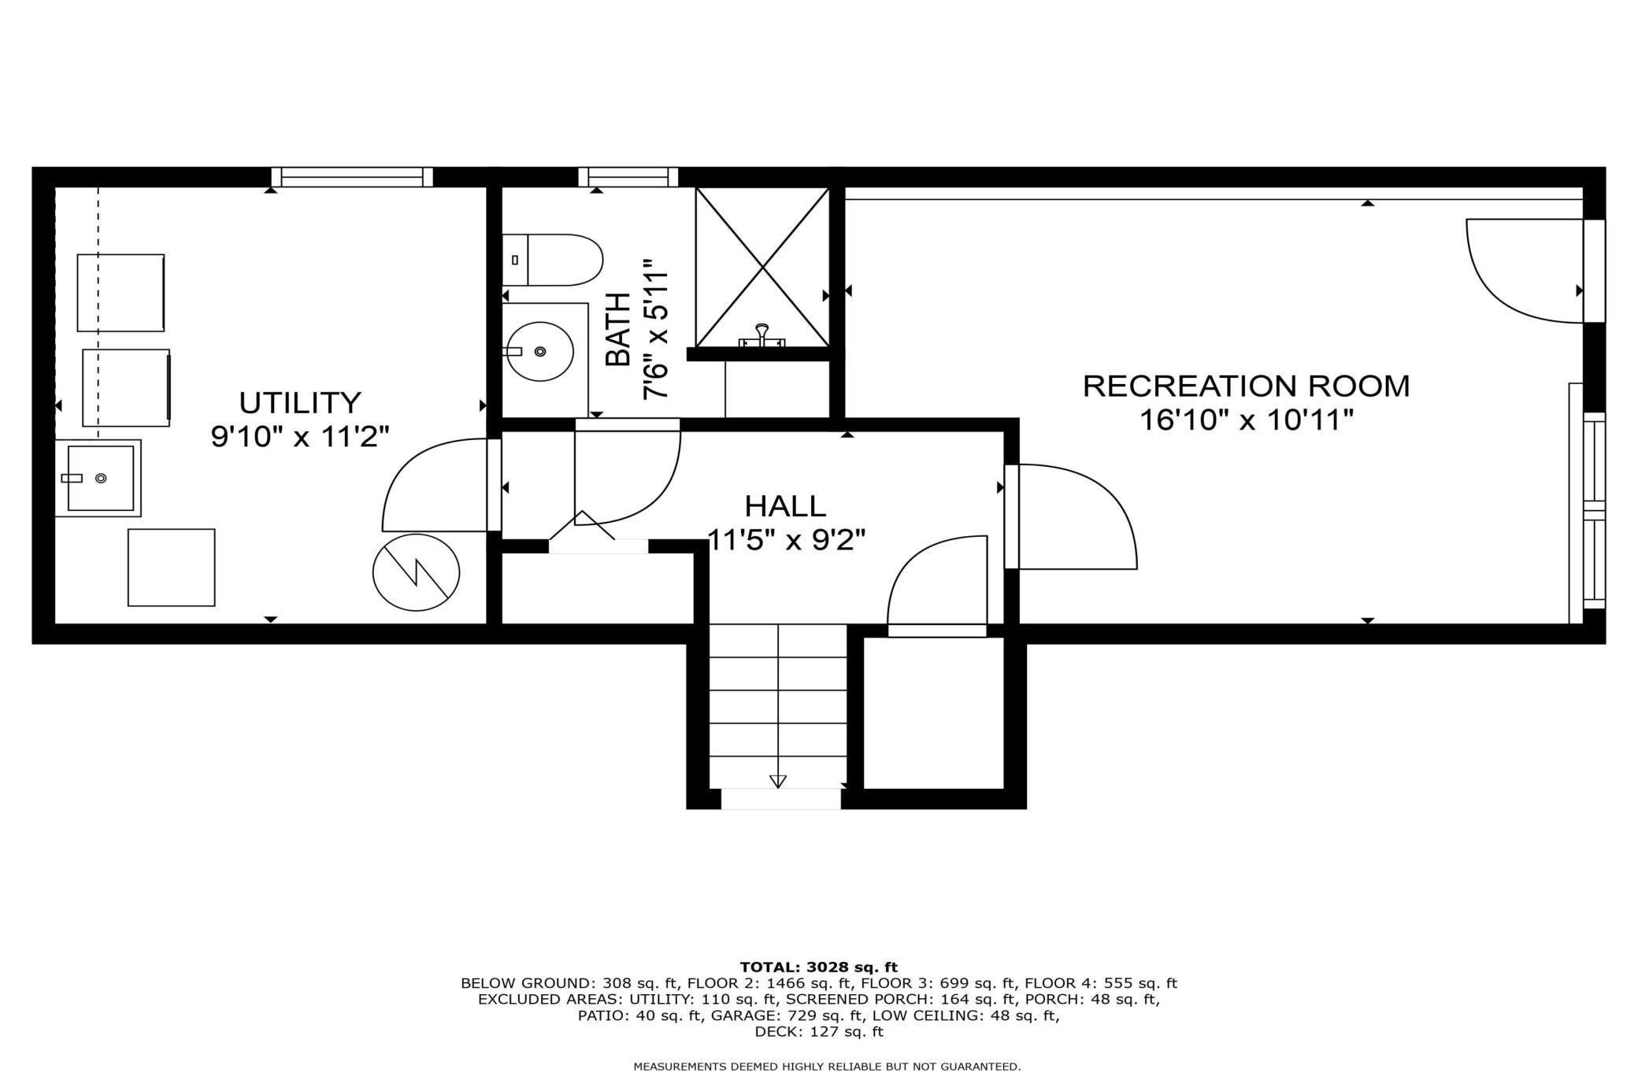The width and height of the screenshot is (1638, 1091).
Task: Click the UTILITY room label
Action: pos(300,402)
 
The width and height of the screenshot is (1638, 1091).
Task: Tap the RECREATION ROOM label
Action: pos(1247,386)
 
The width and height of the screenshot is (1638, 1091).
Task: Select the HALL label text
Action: pos(785,505)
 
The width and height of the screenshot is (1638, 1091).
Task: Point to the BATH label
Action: pos(618,329)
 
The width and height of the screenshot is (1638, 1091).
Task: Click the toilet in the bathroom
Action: pos(552,260)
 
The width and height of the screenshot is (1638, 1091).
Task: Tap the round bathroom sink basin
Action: pos(539,351)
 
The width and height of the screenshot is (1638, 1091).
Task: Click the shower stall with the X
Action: pos(762,268)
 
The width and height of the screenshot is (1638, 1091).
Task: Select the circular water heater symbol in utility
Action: pos(416,572)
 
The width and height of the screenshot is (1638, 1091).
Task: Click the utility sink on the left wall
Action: pos(98,478)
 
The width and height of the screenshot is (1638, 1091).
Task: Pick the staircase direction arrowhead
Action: pos(778,781)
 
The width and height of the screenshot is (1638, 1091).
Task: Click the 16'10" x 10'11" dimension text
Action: pos(1247,420)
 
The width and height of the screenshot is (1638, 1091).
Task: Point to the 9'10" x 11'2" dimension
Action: pos(300,435)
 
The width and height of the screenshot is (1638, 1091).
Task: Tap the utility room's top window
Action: pos(352,177)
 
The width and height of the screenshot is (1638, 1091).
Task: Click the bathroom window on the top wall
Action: pos(628,177)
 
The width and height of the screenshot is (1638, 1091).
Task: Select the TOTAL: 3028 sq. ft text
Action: pos(819,967)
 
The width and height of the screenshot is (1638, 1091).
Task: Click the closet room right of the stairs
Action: pos(934,712)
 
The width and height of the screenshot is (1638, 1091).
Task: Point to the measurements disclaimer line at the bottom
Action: pos(827,1067)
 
